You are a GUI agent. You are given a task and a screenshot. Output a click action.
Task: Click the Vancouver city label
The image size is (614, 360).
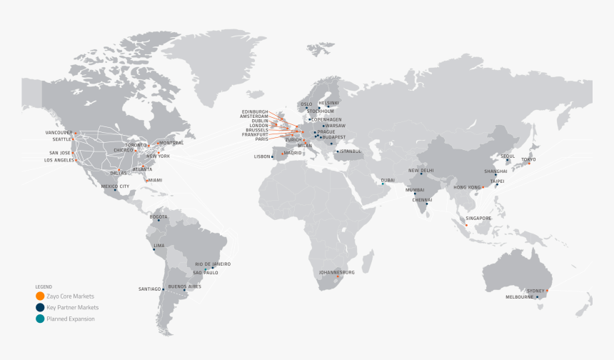(59, 133)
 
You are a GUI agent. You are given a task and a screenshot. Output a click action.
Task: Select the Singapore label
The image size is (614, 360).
(478, 218)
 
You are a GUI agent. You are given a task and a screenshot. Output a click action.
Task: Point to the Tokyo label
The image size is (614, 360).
(528, 159)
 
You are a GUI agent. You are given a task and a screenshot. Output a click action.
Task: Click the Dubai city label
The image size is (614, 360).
(388, 180)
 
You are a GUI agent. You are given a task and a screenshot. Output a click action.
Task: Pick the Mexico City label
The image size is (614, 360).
(114, 186)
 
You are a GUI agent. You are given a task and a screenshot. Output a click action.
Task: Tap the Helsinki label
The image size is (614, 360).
(328, 103)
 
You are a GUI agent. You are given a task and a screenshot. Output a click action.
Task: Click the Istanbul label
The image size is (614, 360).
(351, 151)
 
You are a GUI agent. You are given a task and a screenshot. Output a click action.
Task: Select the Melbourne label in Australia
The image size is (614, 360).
(519, 296)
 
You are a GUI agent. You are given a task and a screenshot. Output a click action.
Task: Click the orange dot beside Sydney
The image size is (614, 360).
(547, 291)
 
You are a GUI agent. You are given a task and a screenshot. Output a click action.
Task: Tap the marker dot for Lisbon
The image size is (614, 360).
(272, 156)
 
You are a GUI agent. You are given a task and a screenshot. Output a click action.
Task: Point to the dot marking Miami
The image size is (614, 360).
(146, 180)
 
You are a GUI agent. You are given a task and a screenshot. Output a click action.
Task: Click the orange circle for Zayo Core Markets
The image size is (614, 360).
(39, 296)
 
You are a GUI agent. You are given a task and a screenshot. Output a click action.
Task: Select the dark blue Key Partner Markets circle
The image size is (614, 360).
(39, 307)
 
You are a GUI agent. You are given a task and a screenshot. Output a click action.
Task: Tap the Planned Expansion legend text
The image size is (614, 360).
(70, 319)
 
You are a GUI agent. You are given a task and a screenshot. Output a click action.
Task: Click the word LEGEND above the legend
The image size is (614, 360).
(44, 286)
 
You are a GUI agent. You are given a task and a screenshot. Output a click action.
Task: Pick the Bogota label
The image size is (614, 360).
(158, 216)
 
